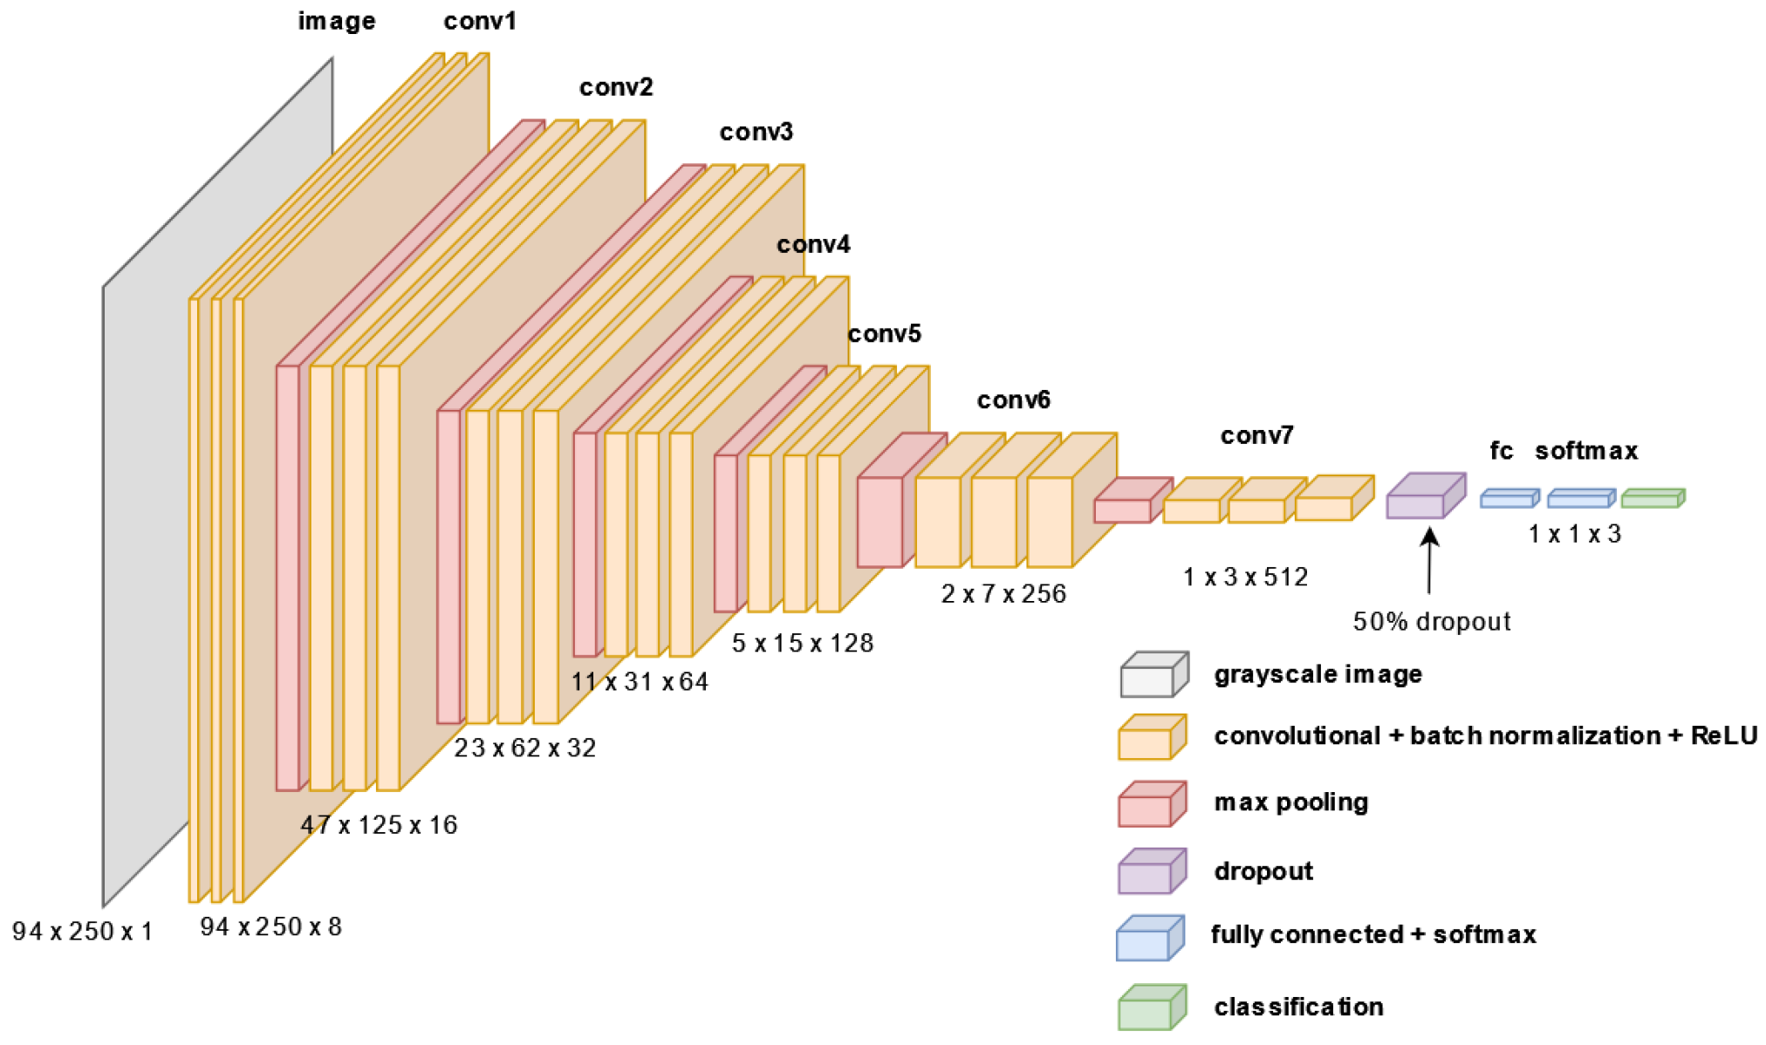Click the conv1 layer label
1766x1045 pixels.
[479, 21]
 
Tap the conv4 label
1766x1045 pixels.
[812, 244]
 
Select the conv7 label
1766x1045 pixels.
[1256, 435]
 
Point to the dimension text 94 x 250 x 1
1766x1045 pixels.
[82, 932]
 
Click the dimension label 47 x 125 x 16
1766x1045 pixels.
[379, 825]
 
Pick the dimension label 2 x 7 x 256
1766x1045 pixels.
[1003, 594]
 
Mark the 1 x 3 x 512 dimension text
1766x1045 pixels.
[1245, 577]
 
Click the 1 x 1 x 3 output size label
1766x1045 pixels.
[1574, 534]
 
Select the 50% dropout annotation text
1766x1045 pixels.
[1431, 622]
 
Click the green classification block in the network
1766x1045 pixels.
[1652, 498]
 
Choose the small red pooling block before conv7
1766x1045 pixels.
[1130, 502]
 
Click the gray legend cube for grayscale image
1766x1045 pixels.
[1153, 674]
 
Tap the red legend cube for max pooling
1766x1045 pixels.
[1151, 803]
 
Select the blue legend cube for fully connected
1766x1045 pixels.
[1149, 938]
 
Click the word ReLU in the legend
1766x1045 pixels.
[1723, 736]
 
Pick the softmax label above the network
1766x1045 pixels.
[1585, 451]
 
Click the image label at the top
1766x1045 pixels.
[337, 21]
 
